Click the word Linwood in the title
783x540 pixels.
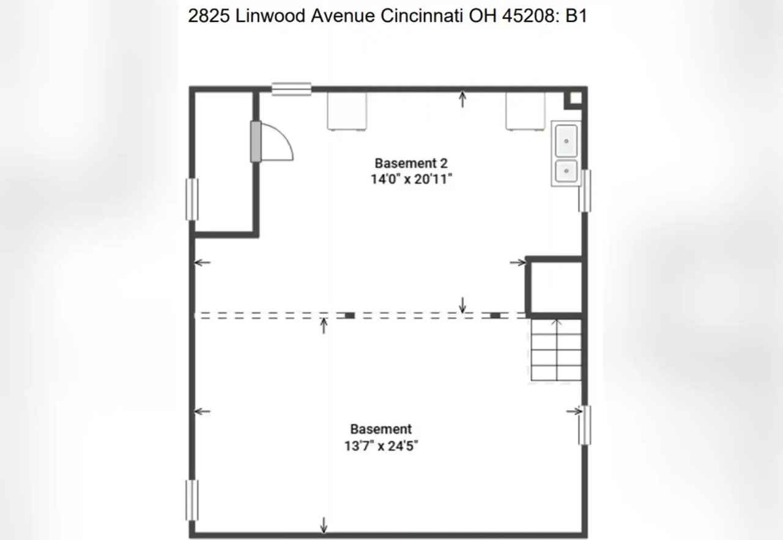(x=270, y=16)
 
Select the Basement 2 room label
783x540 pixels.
(x=411, y=163)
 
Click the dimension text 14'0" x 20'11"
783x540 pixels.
(x=411, y=179)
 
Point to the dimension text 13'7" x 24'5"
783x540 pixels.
(x=381, y=446)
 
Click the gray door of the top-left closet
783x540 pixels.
(x=256, y=141)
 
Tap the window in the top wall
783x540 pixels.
(x=292, y=89)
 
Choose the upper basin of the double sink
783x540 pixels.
(x=566, y=141)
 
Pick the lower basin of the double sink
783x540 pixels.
(x=566, y=171)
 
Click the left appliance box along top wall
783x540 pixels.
(x=347, y=111)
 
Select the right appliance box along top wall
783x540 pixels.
(x=525, y=111)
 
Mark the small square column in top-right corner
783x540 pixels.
(x=576, y=98)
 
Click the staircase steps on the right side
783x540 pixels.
(x=557, y=350)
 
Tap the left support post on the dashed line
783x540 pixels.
(x=350, y=316)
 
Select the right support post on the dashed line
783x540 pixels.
(x=495, y=316)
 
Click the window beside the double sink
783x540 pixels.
(x=585, y=191)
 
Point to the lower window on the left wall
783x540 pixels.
(x=192, y=500)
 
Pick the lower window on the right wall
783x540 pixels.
(x=585, y=425)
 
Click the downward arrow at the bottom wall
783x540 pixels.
(x=324, y=525)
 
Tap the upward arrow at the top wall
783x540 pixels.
(x=462, y=99)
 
